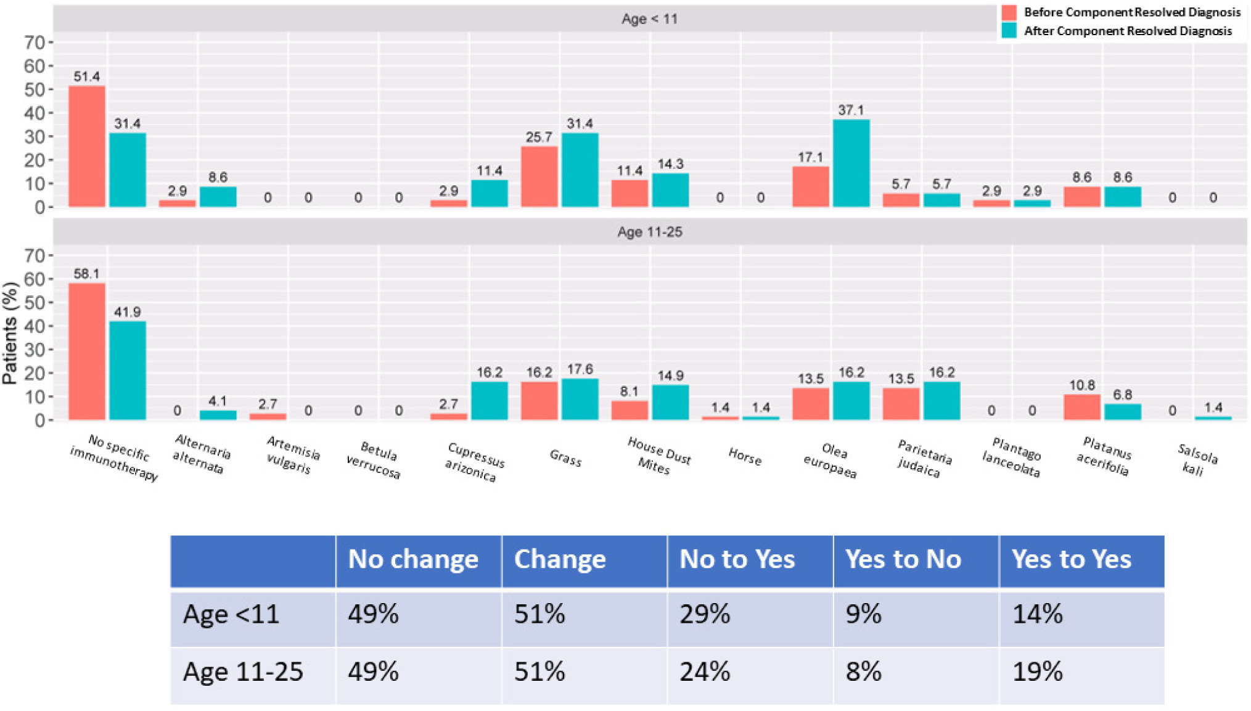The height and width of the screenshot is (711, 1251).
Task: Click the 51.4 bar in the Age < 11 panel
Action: [86, 146]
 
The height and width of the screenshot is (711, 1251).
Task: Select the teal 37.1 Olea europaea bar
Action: [851, 163]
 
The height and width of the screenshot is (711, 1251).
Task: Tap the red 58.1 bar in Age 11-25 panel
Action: [86, 351]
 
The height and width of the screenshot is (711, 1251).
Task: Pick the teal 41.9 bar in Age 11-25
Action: [128, 371]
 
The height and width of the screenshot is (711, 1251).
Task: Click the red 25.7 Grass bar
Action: [539, 176]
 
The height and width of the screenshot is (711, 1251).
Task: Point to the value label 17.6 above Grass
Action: [580, 369]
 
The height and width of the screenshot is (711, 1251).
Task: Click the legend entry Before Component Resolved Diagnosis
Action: [1131, 12]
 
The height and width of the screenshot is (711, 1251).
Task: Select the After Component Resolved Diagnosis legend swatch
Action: [1009, 31]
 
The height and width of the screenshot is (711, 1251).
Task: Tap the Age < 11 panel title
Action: [649, 19]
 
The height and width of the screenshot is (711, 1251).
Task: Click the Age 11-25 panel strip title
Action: [649, 232]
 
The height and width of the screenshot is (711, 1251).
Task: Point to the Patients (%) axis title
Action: [10, 333]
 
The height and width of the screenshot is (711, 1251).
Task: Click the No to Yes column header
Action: [737, 559]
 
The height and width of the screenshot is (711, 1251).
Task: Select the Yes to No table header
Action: [903, 559]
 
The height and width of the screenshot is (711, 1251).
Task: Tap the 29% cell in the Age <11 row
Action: [705, 614]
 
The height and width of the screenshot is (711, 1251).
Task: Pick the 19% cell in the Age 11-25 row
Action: [1038, 672]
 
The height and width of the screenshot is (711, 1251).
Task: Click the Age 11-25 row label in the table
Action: [243, 672]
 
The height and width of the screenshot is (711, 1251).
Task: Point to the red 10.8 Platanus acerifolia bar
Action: [1081, 407]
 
